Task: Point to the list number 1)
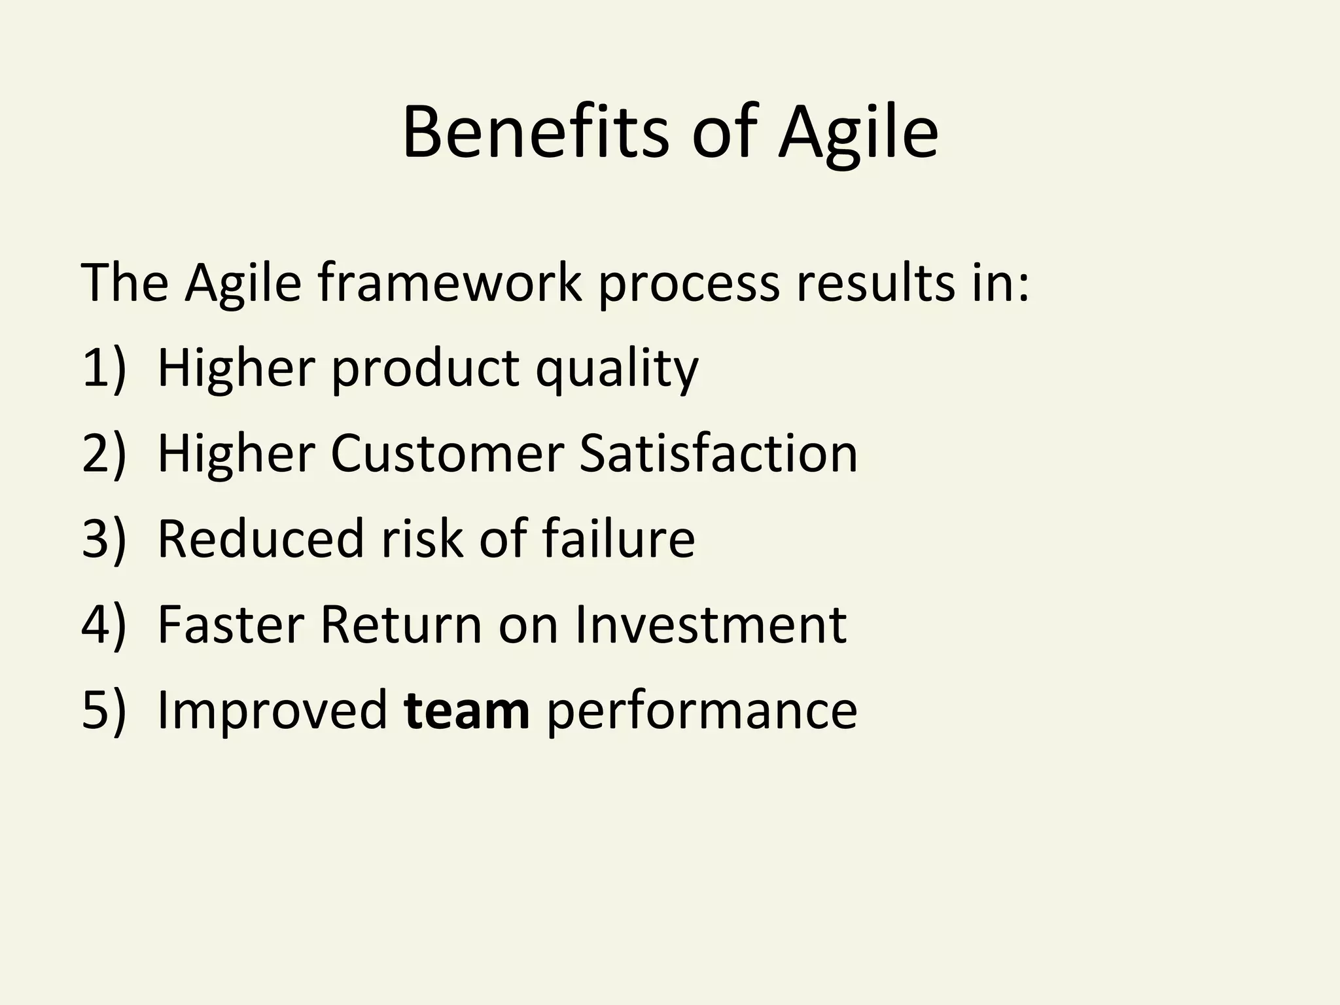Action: (103, 368)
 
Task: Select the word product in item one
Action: (425, 368)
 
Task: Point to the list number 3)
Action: (103, 539)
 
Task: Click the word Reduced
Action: (260, 539)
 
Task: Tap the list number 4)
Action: (103, 625)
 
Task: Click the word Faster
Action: (230, 625)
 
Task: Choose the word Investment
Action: (711, 625)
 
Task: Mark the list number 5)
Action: (103, 711)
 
